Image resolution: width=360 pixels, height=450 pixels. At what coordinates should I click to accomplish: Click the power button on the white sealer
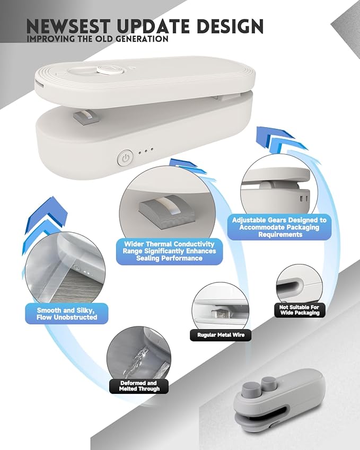[x=125, y=158]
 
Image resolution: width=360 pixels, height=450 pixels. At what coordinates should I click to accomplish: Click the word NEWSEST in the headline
[x=68, y=26]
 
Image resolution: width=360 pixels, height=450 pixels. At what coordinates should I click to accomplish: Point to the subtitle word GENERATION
[x=143, y=39]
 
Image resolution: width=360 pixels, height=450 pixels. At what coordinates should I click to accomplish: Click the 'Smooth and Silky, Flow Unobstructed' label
[x=67, y=314]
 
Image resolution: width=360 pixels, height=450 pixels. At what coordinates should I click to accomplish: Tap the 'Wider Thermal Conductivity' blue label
[x=169, y=251]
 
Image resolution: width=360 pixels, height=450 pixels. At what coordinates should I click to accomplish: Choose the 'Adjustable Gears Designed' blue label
[x=279, y=227]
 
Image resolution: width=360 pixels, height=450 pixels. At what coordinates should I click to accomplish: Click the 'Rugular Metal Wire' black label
[x=221, y=335]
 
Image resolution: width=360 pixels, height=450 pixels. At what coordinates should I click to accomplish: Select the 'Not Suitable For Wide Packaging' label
[x=300, y=310]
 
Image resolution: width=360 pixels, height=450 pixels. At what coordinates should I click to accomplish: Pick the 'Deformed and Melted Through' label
[x=139, y=386]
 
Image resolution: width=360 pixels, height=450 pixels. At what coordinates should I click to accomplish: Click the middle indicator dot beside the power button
[x=146, y=151]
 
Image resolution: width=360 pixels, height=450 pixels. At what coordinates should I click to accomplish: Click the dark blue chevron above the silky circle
[x=47, y=212]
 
